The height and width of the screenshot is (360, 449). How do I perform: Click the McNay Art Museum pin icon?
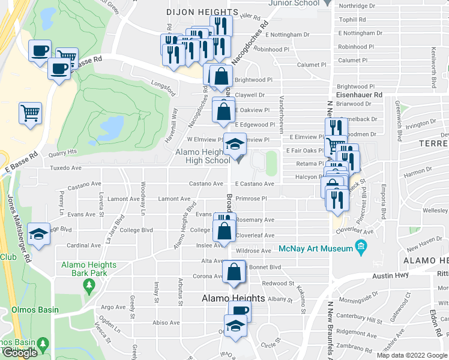(361, 246)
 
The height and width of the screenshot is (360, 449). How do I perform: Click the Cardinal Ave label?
(79, 245)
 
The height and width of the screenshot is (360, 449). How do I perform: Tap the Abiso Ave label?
(166, 322)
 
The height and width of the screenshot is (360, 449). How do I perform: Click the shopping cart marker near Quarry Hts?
(30, 112)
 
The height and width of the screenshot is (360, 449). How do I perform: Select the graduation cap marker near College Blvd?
(39, 233)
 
